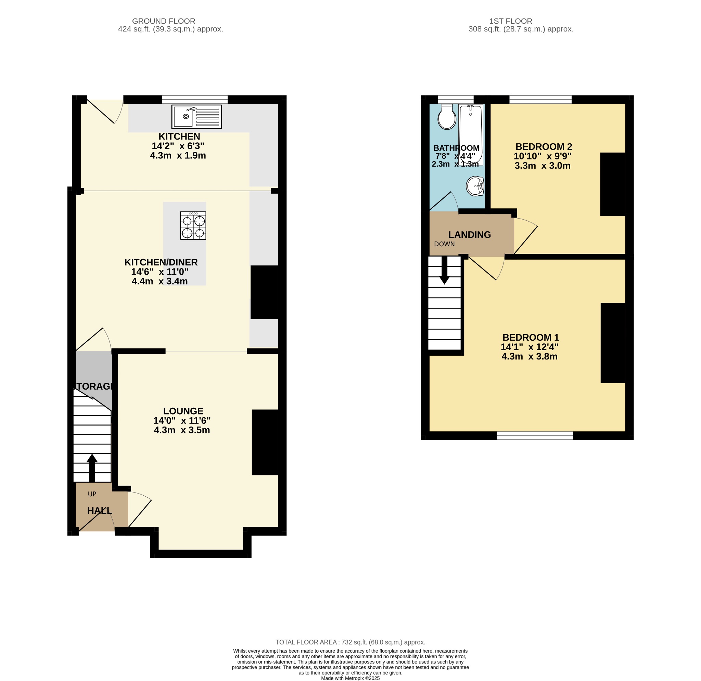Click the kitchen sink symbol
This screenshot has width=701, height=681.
(196, 117)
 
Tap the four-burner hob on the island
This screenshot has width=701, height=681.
(193, 226)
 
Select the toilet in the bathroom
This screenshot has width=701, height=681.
(446, 117)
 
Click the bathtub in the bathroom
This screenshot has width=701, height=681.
(471, 134)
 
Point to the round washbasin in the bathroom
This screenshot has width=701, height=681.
(475, 186)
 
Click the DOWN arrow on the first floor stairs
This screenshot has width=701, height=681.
(444, 271)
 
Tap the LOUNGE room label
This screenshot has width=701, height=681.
(183, 411)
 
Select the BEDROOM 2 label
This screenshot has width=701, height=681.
(544, 147)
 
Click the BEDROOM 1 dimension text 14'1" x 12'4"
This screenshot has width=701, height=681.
(529, 347)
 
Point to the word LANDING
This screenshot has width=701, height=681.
(470, 235)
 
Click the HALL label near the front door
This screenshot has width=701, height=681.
(100, 511)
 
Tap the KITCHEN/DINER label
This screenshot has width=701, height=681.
(161, 262)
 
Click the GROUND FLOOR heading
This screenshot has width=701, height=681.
(164, 21)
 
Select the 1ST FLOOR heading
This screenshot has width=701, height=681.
(511, 21)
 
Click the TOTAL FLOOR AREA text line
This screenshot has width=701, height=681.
(350, 642)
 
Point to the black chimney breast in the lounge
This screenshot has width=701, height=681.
(265, 442)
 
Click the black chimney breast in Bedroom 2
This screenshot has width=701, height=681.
(612, 184)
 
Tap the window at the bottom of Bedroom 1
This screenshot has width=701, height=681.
(535, 435)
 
